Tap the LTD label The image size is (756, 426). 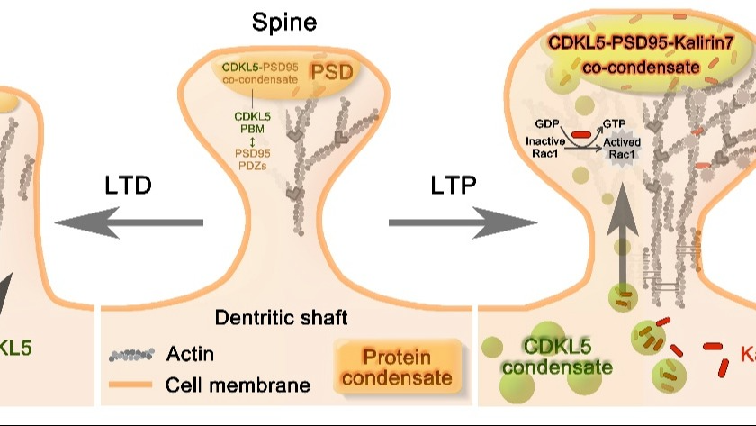click(127, 186)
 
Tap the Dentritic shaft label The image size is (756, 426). click(281, 317)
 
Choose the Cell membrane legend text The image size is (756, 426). click(238, 385)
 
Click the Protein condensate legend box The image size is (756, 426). click(395, 367)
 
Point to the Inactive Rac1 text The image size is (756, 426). click(544, 148)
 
